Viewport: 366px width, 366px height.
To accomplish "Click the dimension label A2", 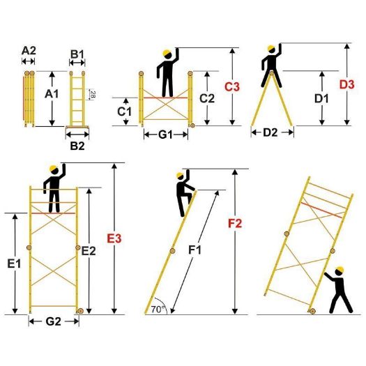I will [29, 51].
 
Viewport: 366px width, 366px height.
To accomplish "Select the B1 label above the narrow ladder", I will [77, 54].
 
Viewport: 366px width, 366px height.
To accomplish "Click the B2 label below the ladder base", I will [77, 146].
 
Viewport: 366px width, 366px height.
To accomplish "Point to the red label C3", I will [232, 87].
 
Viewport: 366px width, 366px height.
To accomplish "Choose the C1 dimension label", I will [125, 111].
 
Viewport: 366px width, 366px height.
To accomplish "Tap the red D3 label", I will [346, 84].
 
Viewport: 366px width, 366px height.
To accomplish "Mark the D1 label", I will [321, 98].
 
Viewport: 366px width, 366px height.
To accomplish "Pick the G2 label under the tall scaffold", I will [53, 323].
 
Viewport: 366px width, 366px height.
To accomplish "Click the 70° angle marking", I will [158, 307].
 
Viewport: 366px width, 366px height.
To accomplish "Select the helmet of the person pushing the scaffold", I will [340, 270].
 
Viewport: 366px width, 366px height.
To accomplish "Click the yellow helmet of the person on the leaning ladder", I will [180, 176].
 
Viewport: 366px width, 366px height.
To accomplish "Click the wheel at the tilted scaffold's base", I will [310, 313].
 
